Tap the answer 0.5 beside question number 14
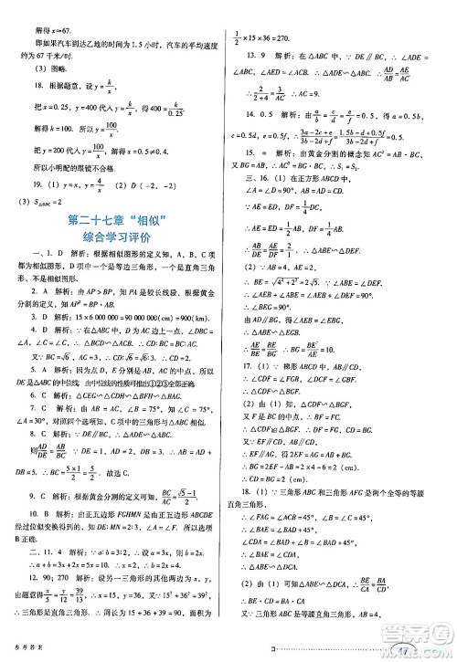[x=278, y=115]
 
